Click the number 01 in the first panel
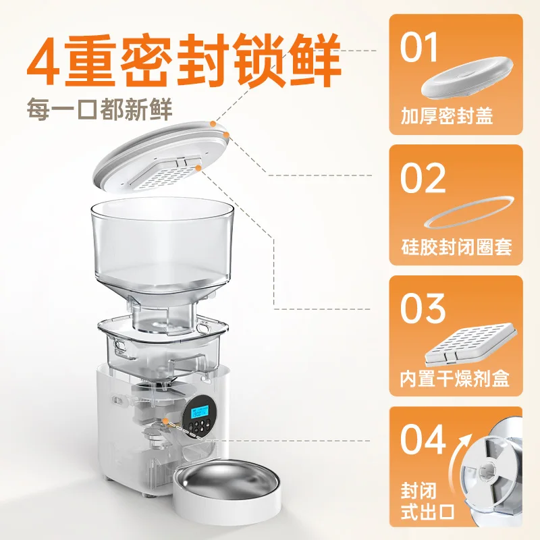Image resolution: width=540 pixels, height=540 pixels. (418, 47)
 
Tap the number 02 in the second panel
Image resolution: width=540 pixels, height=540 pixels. (423, 178)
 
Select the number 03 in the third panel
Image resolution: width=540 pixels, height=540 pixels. (423, 308)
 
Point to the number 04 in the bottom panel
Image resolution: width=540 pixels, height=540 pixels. (423, 439)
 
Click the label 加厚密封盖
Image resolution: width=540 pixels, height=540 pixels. (447, 115)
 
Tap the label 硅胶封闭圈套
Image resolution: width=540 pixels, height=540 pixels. (456, 246)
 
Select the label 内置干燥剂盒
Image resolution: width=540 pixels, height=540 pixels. (454, 378)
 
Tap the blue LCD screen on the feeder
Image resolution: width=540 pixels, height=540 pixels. (200, 412)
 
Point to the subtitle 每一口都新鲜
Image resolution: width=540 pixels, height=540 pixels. (99, 109)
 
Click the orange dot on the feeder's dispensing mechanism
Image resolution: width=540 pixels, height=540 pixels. (166, 421)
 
